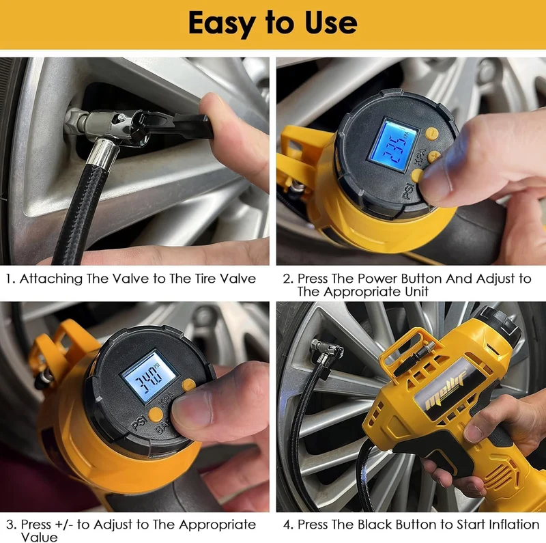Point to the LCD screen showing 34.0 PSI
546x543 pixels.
pyautogui.click(x=149, y=376)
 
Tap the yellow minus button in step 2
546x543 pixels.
pyautogui.click(x=432, y=133)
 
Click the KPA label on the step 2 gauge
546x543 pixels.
pyautogui.click(x=420, y=157)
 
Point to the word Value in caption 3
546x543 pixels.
pyautogui.click(x=39, y=537)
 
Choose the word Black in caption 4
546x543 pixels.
pyautogui.click(x=375, y=524)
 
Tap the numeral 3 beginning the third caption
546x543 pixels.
pyautogui.click(x=10, y=525)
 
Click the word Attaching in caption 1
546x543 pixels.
pyautogui.click(x=51, y=279)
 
